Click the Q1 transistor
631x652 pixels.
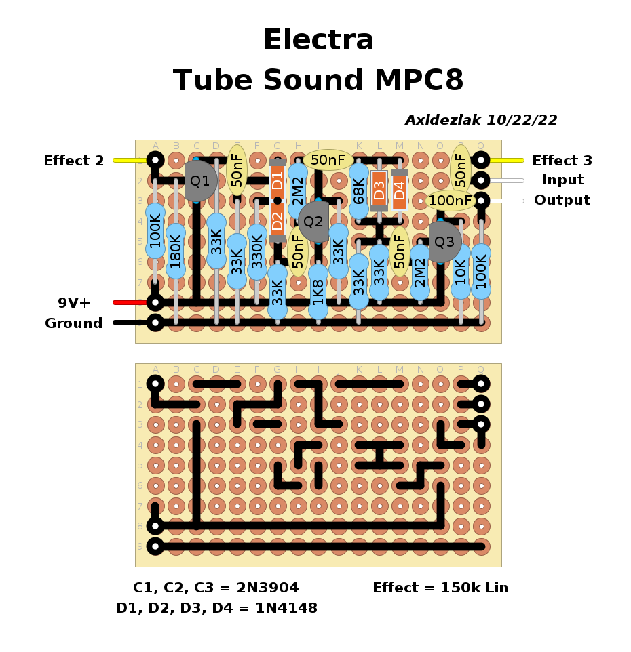tap(200, 181)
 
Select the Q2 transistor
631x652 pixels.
tap(313, 221)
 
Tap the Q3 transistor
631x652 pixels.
tap(444, 241)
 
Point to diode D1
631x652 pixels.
tap(277, 181)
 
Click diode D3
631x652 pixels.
tap(379, 189)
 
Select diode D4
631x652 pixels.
tap(400, 189)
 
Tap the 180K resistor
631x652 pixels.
tap(176, 251)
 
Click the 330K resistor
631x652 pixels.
tap(257, 252)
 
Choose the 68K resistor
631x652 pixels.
tap(359, 191)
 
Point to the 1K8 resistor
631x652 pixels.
tap(318, 291)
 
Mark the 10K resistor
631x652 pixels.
tap(461, 271)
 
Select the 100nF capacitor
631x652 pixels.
tap(451, 201)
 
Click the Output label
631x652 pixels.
tap(562, 201)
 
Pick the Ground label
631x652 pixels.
tap(74, 323)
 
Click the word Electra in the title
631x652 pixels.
tap(318, 40)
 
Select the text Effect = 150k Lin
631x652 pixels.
tap(440, 588)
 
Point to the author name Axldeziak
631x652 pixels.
tap(442, 120)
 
